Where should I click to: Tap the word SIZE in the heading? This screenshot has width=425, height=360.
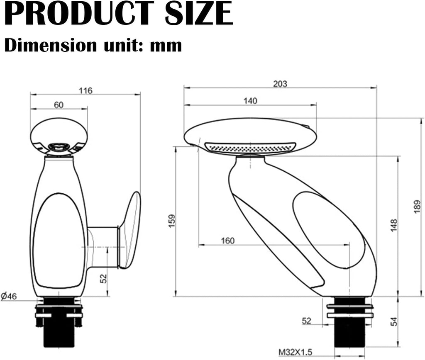click(x=199, y=15)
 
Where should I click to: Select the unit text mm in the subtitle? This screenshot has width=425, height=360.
click(x=166, y=45)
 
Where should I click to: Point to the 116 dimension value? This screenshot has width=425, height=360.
click(x=85, y=91)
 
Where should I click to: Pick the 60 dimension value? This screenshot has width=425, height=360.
click(x=59, y=105)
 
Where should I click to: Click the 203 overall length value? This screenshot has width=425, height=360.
click(x=280, y=84)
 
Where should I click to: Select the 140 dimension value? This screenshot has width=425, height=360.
click(x=250, y=101)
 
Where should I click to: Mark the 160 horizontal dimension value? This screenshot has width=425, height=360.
click(x=227, y=241)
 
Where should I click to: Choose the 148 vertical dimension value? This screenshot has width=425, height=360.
click(x=394, y=226)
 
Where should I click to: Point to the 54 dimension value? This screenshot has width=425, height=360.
click(x=394, y=321)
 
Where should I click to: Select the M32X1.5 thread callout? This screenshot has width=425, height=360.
click(x=296, y=352)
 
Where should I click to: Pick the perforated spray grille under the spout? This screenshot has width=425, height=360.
click(x=250, y=147)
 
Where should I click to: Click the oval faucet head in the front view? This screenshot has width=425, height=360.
click(x=59, y=136)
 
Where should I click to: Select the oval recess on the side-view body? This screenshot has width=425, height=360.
click(x=328, y=230)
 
